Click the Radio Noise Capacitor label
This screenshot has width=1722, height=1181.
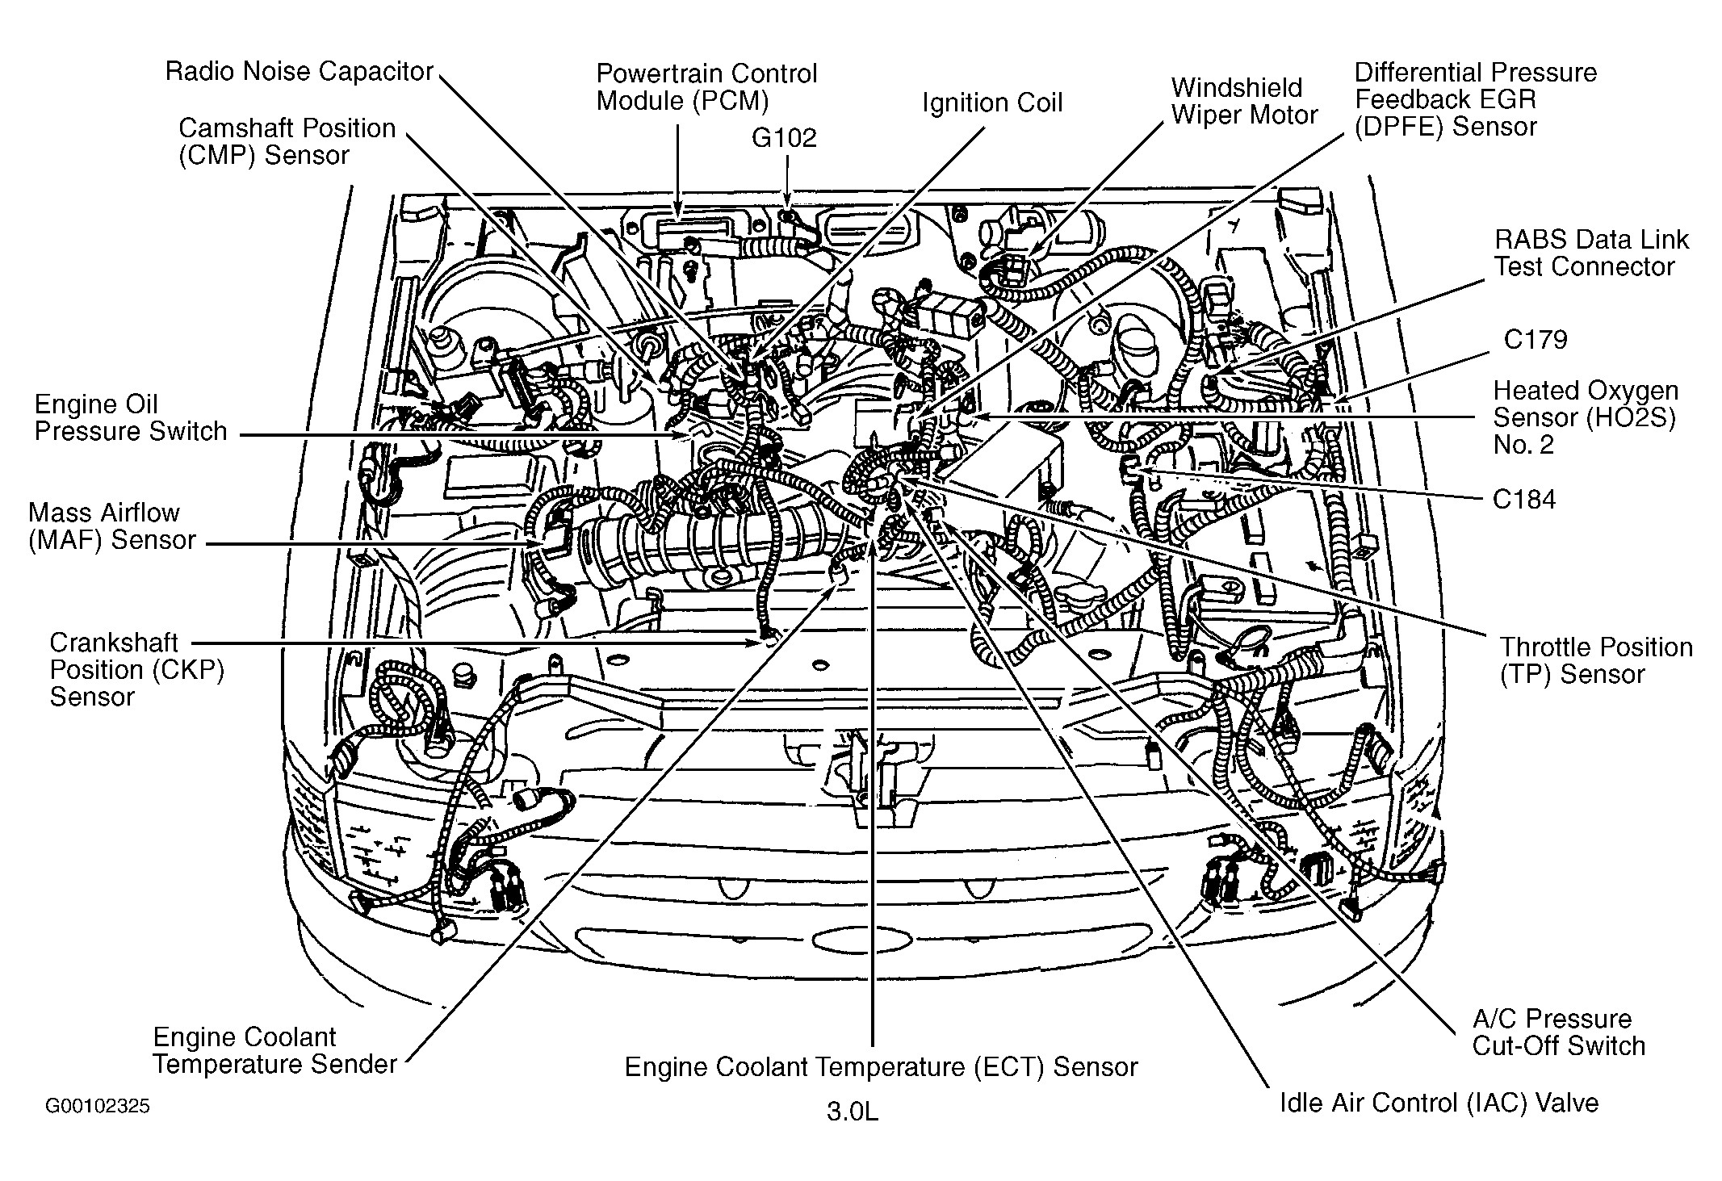pyautogui.click(x=300, y=72)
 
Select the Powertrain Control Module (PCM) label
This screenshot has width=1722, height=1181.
pyautogui.click(x=706, y=87)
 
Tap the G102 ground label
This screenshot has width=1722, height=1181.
pyautogui.click(x=784, y=138)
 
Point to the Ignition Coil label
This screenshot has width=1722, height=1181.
pyautogui.click(x=992, y=103)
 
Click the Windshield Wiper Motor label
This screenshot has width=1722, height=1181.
pyautogui.click(x=1244, y=101)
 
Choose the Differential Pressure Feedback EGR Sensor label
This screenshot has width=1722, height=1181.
pyautogui.click(x=1475, y=99)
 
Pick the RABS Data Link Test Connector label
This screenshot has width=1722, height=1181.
pyautogui.click(x=1590, y=253)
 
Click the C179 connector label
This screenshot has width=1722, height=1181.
pyautogui.click(x=1535, y=340)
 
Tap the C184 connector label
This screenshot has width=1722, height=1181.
pyautogui.click(x=1523, y=500)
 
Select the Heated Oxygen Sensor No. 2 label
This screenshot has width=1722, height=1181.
pyautogui.click(x=1585, y=417)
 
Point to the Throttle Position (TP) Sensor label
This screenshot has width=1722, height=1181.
pyautogui.click(x=1595, y=660)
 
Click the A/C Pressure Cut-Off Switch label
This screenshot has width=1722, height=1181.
pyautogui.click(x=1558, y=1032)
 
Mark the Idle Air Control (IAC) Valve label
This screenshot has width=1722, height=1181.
pyautogui.click(x=1439, y=1103)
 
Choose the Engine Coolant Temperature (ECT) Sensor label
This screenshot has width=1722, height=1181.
pyautogui.click(x=881, y=1067)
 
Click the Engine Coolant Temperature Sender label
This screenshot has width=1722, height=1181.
pyautogui.click(x=274, y=1050)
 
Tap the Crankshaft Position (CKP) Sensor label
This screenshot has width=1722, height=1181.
pyautogui.click(x=136, y=670)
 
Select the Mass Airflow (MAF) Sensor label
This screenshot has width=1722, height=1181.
pyautogui.click(x=111, y=526)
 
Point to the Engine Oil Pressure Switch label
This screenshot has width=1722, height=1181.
pyautogui.click(x=131, y=418)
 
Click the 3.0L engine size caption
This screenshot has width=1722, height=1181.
pyautogui.click(x=852, y=1112)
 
